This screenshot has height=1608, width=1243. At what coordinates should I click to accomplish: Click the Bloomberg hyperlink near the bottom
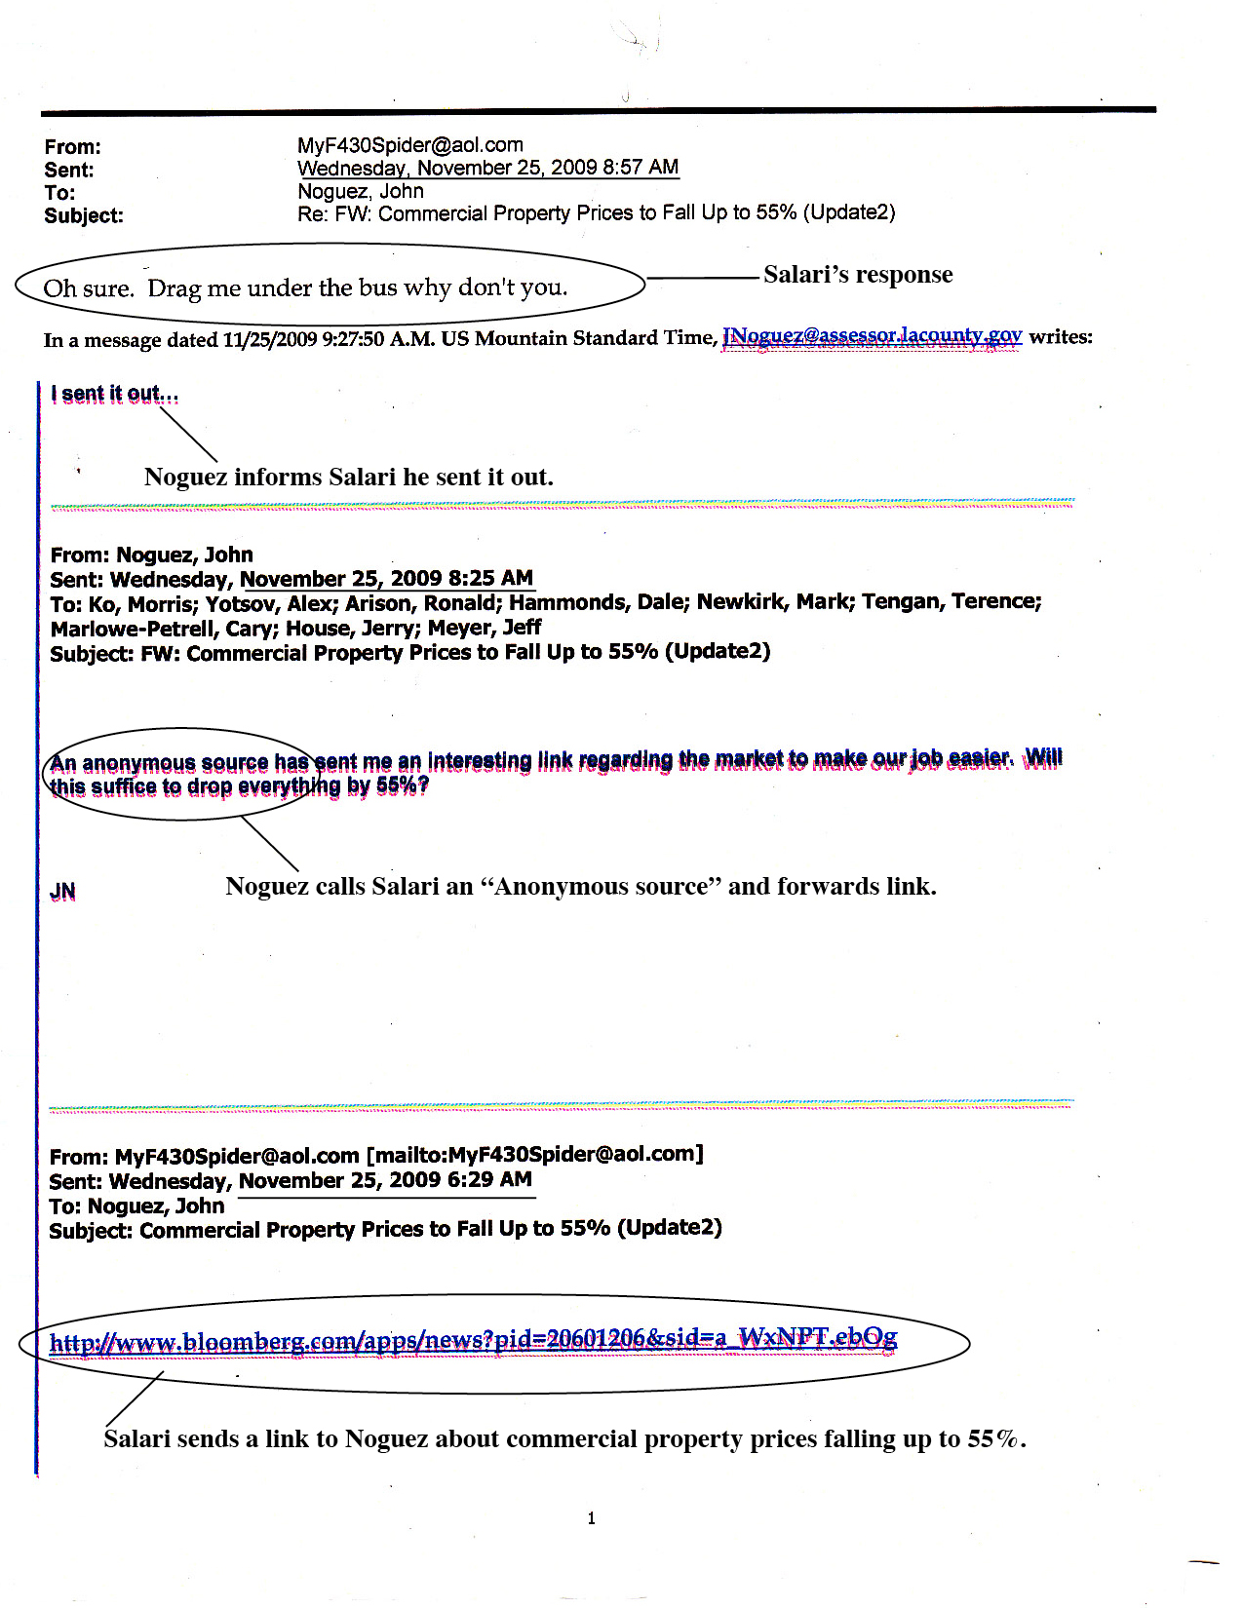click(473, 1341)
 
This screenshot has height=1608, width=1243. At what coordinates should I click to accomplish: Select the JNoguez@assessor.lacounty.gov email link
click(871, 336)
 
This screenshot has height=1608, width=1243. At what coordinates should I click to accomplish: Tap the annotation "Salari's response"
click(858, 275)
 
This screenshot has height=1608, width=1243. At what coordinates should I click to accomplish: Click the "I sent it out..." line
click(115, 394)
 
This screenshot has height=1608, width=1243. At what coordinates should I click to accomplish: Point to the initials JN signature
click(62, 892)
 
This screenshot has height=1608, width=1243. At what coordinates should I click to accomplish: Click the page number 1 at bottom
click(592, 1517)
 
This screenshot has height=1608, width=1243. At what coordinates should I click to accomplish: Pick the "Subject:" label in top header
click(84, 215)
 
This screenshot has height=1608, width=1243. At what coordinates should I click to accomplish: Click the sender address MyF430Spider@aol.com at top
click(409, 145)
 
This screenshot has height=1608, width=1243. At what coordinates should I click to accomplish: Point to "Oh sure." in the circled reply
click(88, 288)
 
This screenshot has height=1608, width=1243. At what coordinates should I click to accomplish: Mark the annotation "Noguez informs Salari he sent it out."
click(348, 477)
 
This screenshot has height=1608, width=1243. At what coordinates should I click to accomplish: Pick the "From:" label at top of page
click(72, 147)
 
